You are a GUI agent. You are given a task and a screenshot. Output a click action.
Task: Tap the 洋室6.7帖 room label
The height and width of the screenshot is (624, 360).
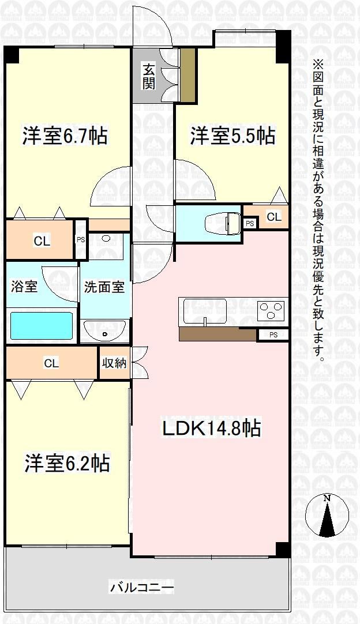click(65, 136)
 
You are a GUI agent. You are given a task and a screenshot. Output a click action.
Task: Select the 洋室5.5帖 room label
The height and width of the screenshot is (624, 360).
click(232, 136)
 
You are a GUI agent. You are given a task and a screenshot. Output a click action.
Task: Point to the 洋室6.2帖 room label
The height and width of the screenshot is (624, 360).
click(67, 463)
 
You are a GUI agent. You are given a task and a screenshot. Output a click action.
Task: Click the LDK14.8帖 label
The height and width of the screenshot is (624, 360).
click(211, 428)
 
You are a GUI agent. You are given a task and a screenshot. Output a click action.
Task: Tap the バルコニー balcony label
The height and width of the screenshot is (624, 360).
click(142, 587)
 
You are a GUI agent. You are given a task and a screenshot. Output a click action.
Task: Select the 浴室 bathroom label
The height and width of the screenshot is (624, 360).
click(24, 287)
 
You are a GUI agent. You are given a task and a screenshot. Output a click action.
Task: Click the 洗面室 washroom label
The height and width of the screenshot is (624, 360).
click(104, 287)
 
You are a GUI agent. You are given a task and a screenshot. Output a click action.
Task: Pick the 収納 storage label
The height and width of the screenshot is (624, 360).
click(114, 363)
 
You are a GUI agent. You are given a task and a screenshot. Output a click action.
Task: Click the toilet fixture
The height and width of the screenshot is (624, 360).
click(223, 223)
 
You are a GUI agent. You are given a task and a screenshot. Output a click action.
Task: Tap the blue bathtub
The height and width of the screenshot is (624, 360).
click(42, 326)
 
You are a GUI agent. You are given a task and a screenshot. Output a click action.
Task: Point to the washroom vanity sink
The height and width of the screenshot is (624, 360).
click(105, 331)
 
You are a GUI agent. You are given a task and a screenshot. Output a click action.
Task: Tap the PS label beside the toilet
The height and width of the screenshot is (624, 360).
click(250, 224)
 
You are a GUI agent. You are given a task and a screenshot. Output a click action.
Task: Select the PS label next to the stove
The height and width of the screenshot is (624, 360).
click(273, 334)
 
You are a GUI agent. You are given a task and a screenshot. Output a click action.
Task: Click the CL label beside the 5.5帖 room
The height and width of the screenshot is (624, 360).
click(274, 217)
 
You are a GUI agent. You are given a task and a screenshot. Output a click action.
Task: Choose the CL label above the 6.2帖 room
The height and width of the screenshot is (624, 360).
click(51, 363)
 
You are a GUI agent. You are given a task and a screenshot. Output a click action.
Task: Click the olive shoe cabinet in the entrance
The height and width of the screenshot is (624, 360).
click(187, 75)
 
